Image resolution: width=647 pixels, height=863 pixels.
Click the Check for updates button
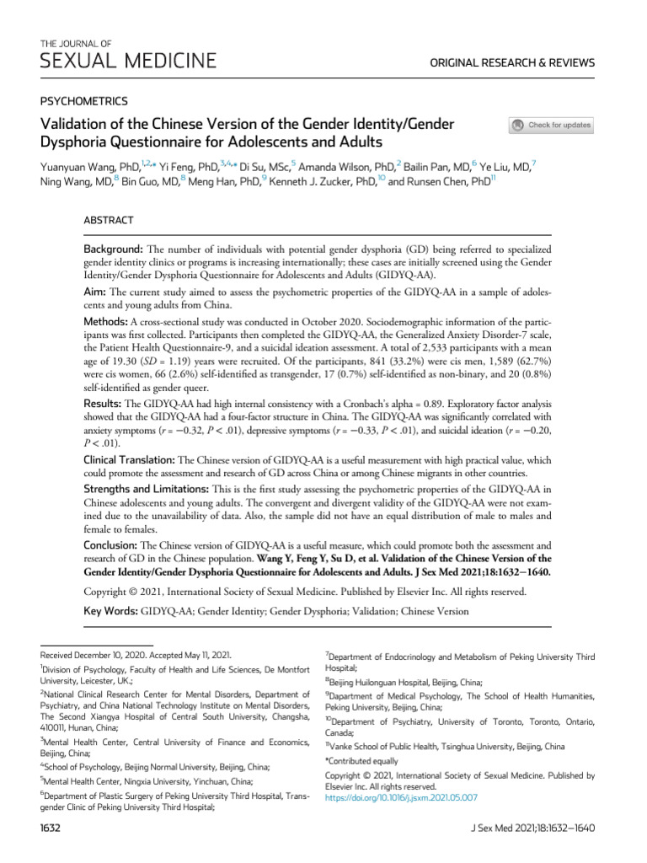(552, 126)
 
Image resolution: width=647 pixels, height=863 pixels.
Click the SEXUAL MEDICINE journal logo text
(128, 61)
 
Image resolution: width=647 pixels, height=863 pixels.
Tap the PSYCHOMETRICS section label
(84, 100)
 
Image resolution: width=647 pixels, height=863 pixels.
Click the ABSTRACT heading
(108, 220)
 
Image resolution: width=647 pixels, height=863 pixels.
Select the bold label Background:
(113, 251)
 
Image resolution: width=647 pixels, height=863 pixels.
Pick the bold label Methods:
(104, 323)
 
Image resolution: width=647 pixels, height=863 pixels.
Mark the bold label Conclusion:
(110, 546)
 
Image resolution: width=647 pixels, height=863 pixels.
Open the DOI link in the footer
(401, 796)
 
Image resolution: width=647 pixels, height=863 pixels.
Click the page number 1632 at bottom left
(52, 828)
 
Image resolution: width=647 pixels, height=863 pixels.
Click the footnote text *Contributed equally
(362, 761)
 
